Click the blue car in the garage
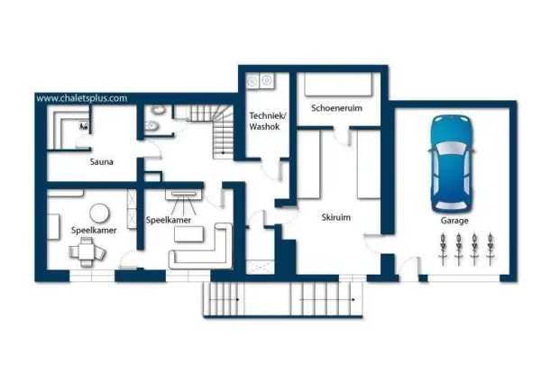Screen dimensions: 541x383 [x=451, y=164]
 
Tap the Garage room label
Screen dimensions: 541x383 [x=454, y=220]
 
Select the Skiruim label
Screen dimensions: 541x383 [x=335, y=217]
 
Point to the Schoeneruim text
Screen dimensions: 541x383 [x=336, y=108]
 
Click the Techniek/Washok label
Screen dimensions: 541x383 [x=267, y=121]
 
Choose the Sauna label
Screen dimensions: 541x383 [x=101, y=161]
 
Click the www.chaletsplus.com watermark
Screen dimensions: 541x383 [x=82, y=98]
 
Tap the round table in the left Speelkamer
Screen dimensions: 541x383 [x=99, y=213]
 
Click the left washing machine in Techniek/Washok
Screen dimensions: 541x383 [x=252, y=82]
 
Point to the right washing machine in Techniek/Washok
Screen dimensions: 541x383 [x=266, y=81]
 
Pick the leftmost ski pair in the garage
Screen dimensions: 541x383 [x=443, y=249]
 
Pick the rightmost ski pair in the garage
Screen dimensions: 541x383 [x=490, y=249]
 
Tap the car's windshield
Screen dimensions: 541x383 [x=451, y=149]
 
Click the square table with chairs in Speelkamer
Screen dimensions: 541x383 [x=87, y=251]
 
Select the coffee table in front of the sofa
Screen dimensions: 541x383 [x=188, y=234]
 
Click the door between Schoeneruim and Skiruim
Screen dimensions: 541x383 [x=343, y=137]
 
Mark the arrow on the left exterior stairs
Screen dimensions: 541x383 [x=225, y=299]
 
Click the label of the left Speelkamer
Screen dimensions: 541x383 [x=94, y=231]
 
